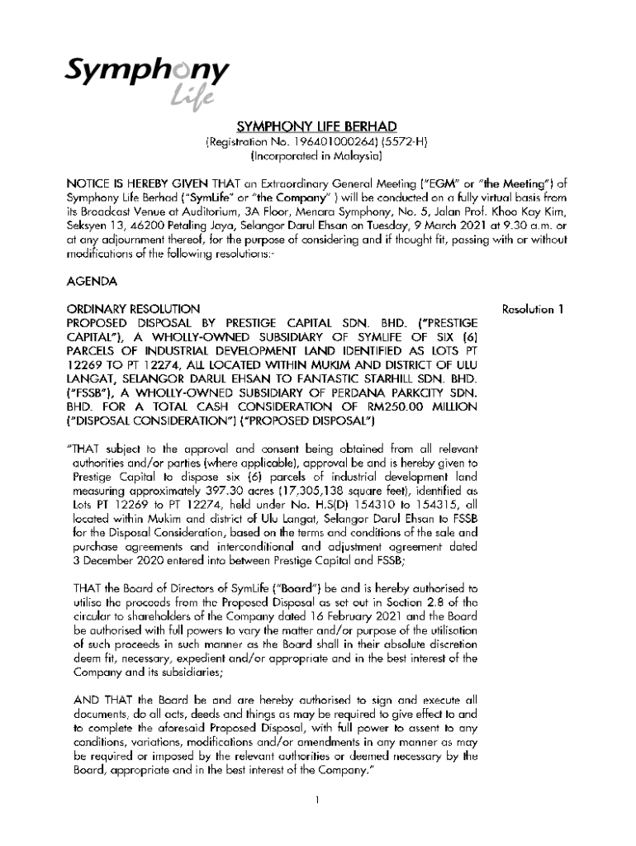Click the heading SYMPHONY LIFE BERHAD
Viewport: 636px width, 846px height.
[316, 126]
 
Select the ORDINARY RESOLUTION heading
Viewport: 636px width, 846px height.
[133, 309]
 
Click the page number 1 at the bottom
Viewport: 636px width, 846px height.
[317, 799]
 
